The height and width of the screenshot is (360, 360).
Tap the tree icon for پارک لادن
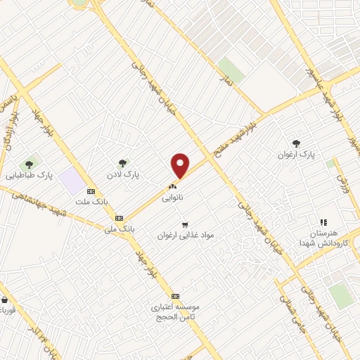click(x=123, y=163)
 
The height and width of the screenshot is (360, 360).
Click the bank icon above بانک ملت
click(x=91, y=191)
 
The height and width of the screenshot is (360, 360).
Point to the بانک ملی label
click(x=119, y=229)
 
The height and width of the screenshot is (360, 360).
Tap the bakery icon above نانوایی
click(x=172, y=188)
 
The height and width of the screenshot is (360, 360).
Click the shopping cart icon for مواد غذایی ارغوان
click(x=185, y=225)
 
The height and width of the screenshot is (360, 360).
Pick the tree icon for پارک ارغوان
click(x=295, y=143)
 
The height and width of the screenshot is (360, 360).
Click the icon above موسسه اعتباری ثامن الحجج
click(x=175, y=296)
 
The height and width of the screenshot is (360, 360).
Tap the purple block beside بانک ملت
click(x=72, y=181)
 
